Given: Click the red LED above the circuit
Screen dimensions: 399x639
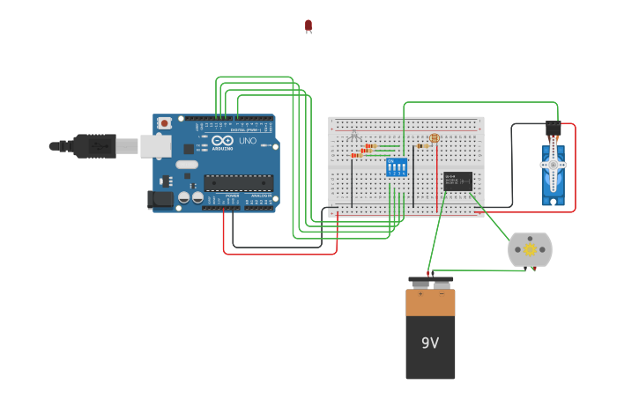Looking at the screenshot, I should click(x=308, y=26).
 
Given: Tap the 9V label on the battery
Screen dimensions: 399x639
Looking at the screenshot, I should click(x=430, y=343).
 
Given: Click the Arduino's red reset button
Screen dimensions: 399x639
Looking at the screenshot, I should click(x=164, y=123).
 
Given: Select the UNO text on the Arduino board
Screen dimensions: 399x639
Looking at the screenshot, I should click(x=248, y=141).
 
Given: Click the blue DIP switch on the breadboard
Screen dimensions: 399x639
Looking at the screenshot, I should click(x=397, y=167).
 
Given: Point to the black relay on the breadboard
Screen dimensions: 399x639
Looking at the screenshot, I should click(x=458, y=181).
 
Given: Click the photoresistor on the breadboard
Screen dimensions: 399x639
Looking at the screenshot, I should click(x=434, y=138).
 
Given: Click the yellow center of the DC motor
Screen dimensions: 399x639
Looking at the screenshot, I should click(x=530, y=250).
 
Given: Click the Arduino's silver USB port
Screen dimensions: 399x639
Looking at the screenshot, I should click(x=155, y=145).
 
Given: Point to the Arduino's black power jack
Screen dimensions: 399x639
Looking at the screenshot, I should click(x=161, y=199).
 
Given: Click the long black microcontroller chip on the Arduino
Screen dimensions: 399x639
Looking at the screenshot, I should click(x=238, y=182).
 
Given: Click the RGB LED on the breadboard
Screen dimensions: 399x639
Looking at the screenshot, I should click(x=354, y=136).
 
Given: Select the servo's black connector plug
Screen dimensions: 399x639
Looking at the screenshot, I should click(x=553, y=129).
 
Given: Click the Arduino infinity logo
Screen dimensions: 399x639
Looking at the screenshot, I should click(x=222, y=141).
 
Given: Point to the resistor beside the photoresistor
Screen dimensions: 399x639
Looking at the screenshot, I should click(x=422, y=146).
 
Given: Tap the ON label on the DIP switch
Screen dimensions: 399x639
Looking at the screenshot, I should click(x=390, y=161).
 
